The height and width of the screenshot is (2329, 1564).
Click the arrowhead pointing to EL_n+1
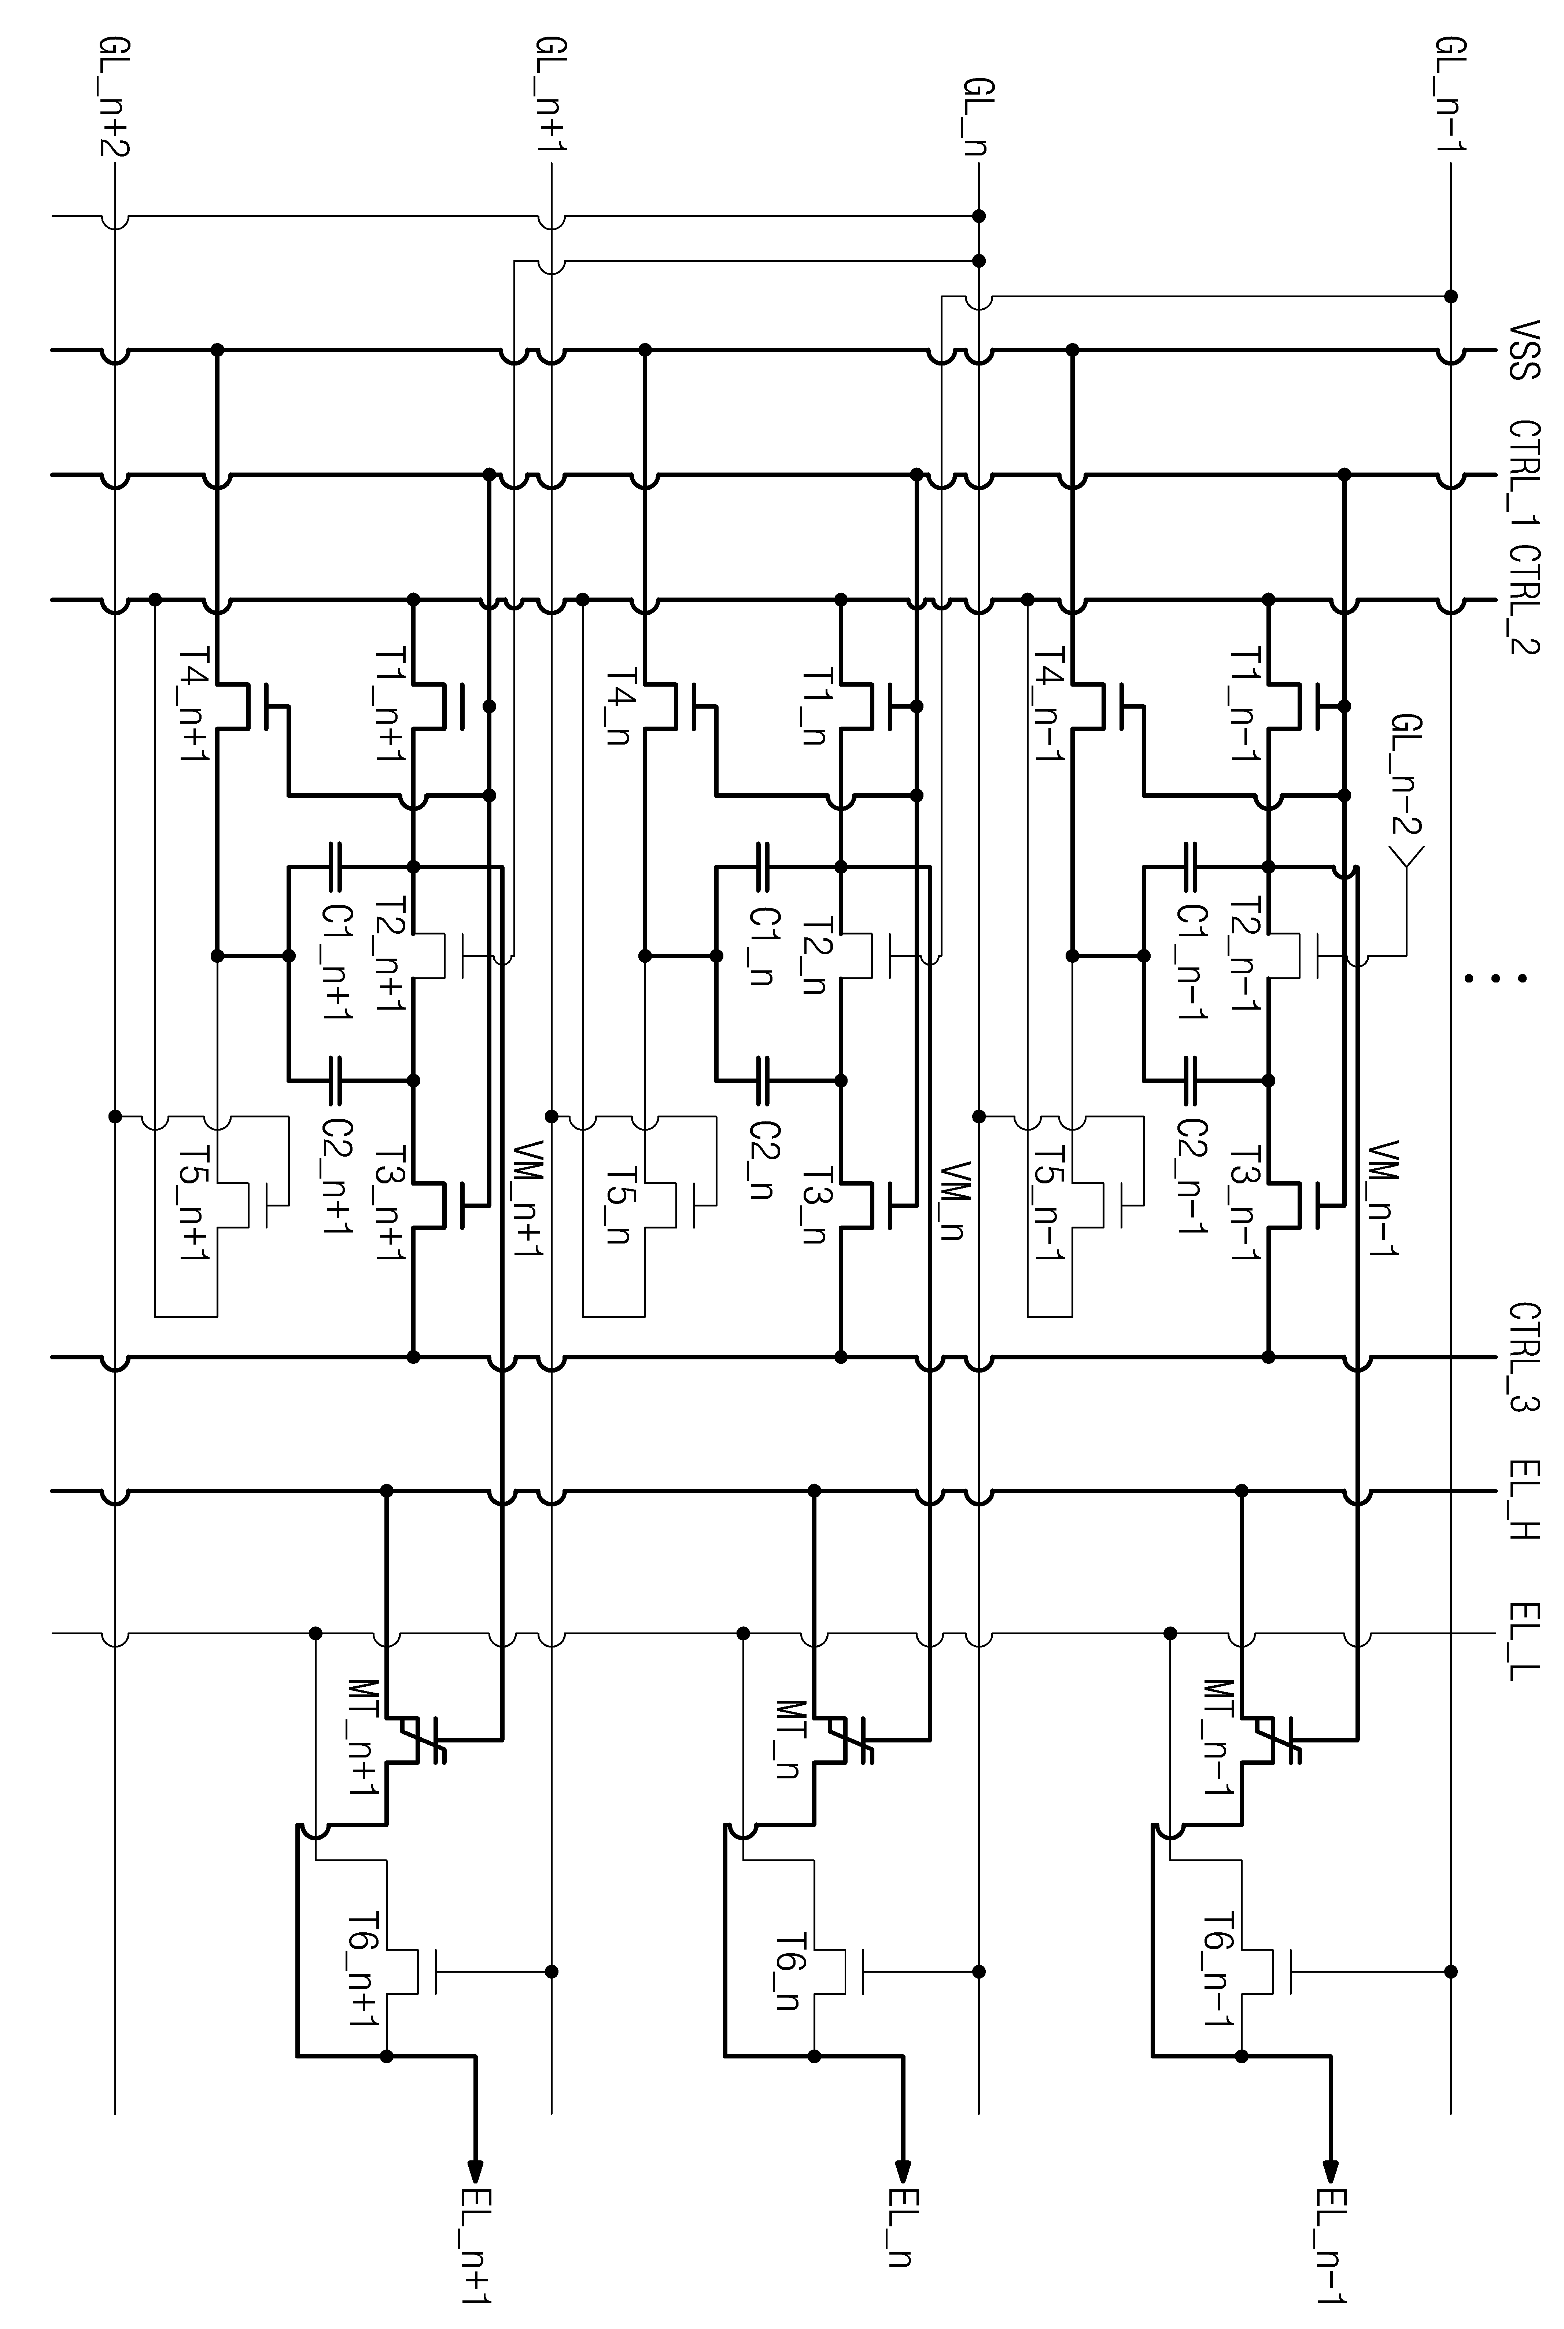(476, 2172)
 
